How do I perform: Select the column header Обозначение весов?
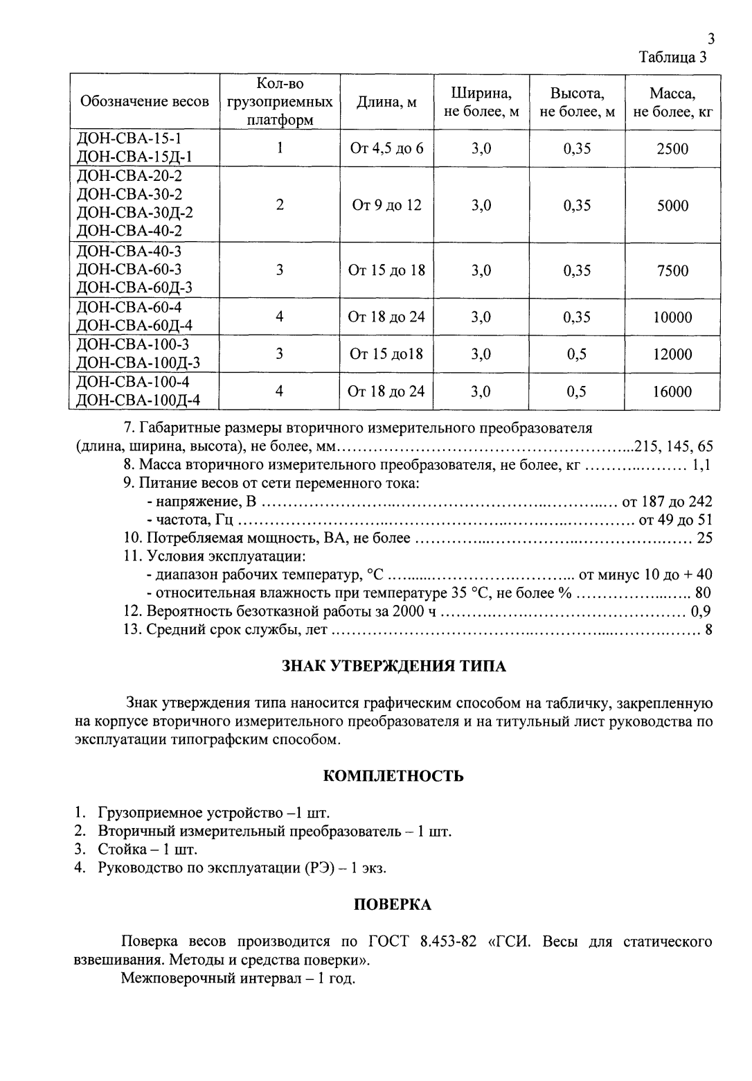pos(145,102)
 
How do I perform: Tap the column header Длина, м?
pos(386,102)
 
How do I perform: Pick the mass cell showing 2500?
pos(672,148)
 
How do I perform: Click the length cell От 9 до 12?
pos(386,205)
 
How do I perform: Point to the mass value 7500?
pos(672,270)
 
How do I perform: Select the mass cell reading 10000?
pos(672,317)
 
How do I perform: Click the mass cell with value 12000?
pos(672,354)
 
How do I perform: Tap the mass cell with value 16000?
pos(672,392)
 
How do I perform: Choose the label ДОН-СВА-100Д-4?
pos(138,401)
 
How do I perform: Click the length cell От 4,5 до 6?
pos(386,148)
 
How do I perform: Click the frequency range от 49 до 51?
pos(675,520)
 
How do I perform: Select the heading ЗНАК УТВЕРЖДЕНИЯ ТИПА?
pos(394,667)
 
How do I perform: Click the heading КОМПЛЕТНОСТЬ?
pos(394,775)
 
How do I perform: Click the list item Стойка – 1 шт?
pos(148,849)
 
